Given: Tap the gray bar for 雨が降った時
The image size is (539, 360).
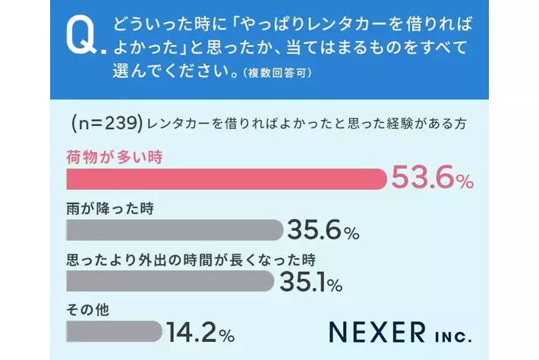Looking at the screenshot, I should point(175,230).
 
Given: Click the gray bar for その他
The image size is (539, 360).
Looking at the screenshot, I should point(115,332).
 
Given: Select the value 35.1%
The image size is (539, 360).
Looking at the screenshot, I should point(311,282).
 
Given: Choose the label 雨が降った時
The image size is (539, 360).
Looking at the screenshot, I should point(110,208).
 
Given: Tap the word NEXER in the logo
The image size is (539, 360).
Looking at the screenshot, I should point(378,332).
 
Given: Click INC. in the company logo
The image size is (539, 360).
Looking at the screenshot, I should point(453,333).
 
